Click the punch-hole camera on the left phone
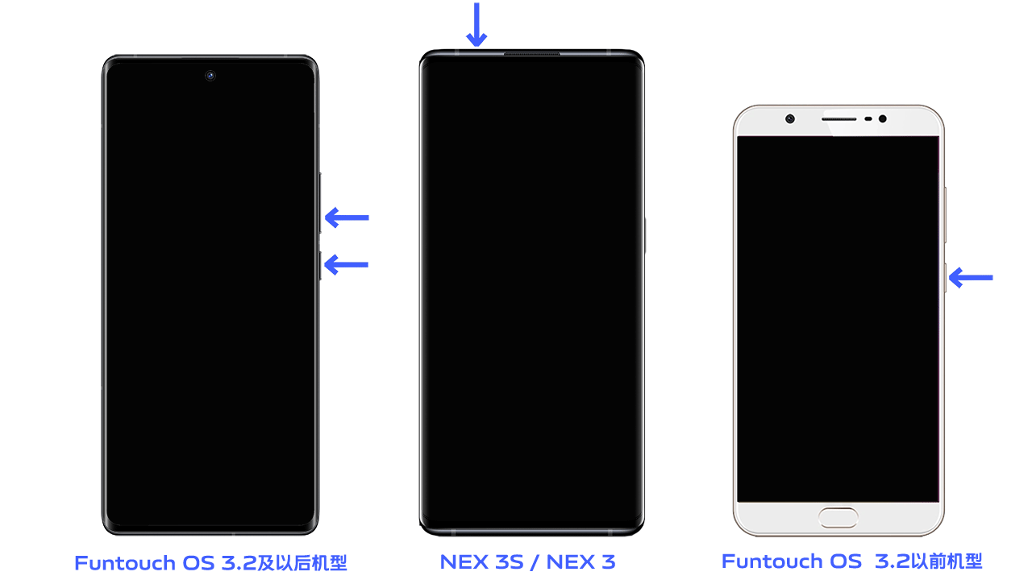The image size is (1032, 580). coord(210,76)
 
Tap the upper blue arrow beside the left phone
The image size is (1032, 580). coord(347,217)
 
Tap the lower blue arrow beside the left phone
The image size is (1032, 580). coord(347,265)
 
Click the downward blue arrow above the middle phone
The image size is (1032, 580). coord(476,24)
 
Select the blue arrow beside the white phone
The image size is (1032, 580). coord(971,278)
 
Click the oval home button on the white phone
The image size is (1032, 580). coord(838,518)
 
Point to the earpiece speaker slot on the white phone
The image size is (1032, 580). coord(839,119)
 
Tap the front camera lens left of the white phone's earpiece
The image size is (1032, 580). coord(790,118)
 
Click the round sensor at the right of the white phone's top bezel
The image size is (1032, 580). coord(883,118)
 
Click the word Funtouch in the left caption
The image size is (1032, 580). coord(125,563)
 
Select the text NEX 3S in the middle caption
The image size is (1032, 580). coord(482,561)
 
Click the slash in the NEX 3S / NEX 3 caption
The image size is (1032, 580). coord(535,562)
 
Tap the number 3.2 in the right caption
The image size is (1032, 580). coord(893,561)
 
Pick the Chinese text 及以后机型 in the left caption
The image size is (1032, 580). coord(302,562)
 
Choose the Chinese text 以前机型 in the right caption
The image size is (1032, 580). coord(947,561)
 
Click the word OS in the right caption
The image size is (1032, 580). coord(846,561)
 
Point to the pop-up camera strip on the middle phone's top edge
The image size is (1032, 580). coord(531,54)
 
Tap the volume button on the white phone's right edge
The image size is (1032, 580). coord(945,215)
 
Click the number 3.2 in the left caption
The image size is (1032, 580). coord(239,563)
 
